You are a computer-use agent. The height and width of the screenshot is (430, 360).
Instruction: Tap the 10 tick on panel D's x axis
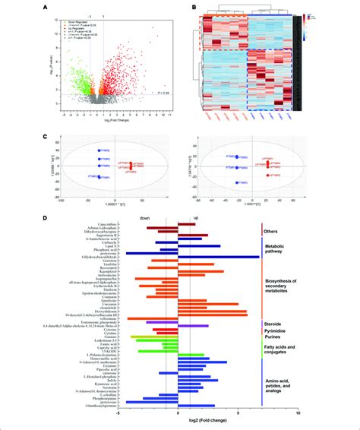click(x=298, y=413)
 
